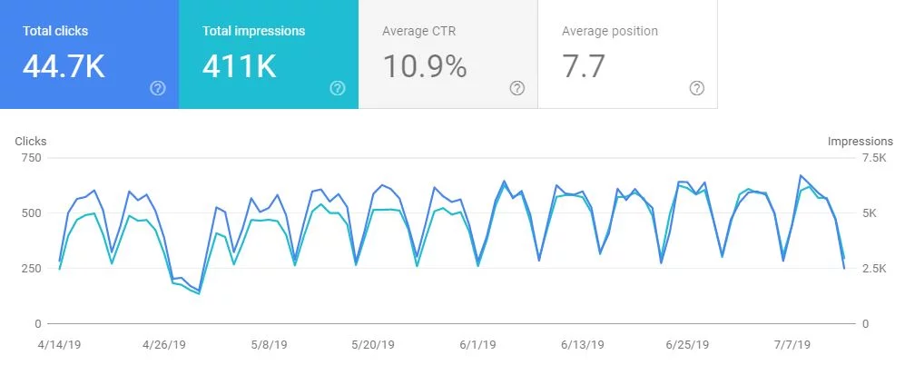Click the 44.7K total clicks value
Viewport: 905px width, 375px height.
63,66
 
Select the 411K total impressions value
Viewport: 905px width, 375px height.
240,66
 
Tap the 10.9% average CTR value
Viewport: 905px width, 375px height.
425,66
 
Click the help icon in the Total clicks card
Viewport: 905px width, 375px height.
158,88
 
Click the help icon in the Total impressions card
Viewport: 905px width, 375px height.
338,88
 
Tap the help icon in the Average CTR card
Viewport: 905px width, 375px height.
517,88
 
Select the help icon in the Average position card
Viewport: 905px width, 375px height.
697,88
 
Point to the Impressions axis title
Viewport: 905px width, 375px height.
860,142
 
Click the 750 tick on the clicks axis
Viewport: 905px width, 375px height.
31,158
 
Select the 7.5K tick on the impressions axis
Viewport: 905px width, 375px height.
874,158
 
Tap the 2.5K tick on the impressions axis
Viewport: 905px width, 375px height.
874,269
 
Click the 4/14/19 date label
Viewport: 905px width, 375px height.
60,345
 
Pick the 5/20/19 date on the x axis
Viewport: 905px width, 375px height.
371,345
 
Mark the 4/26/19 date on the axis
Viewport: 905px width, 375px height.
164,345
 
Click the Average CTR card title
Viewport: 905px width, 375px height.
418,31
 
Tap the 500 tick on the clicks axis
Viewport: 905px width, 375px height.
31,213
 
